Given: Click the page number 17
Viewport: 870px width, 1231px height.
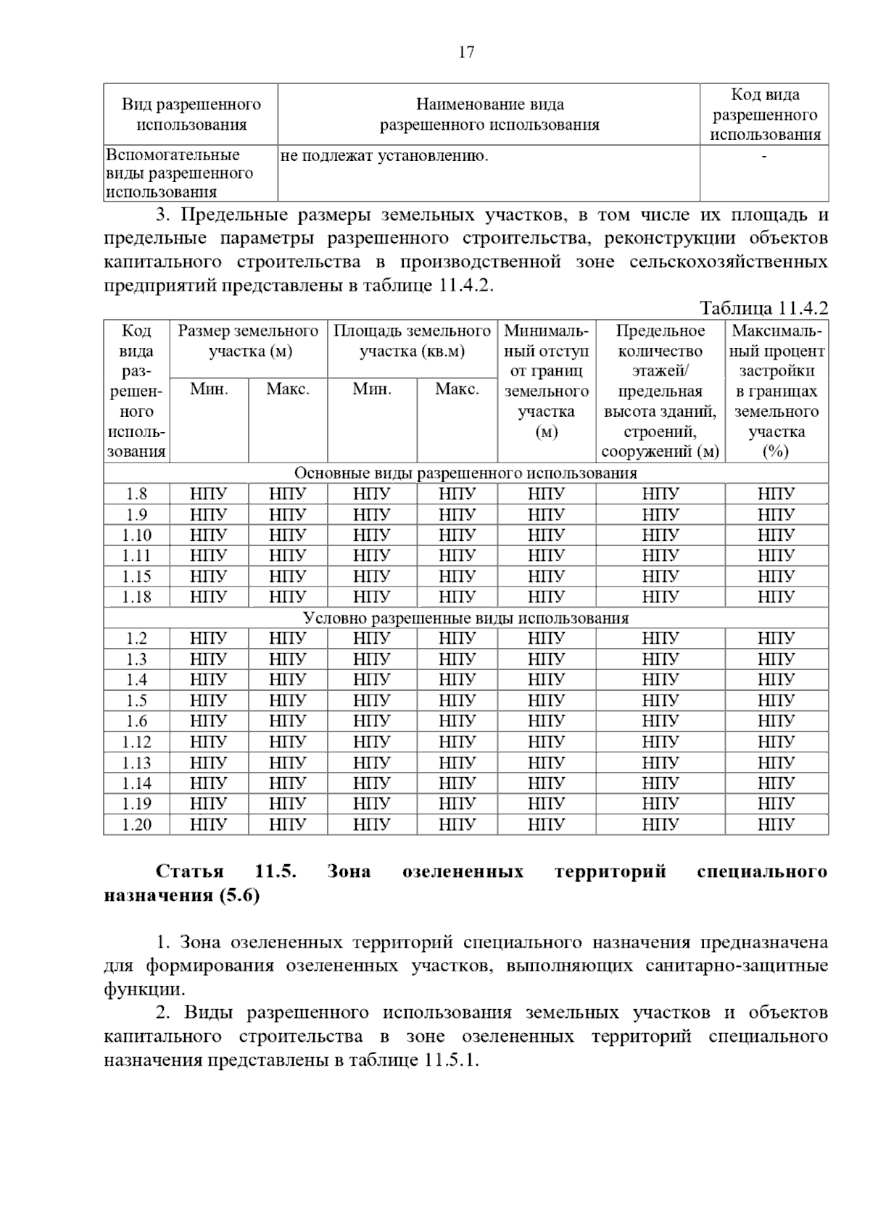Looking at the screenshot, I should pyautogui.click(x=466, y=52).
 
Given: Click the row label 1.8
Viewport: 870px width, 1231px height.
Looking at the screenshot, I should pyautogui.click(x=136, y=494).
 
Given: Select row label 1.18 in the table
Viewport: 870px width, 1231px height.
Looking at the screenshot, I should pyautogui.click(x=136, y=597).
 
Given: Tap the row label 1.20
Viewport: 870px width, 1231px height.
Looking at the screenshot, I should pyautogui.click(x=136, y=824).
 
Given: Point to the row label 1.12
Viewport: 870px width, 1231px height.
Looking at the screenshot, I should pyautogui.click(x=136, y=742).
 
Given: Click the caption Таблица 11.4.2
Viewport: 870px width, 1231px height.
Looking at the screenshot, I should pyautogui.click(x=763, y=308).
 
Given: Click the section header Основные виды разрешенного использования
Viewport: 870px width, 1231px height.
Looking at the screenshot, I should pyautogui.click(x=465, y=473).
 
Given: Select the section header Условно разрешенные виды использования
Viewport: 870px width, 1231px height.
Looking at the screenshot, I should pyautogui.click(x=465, y=618).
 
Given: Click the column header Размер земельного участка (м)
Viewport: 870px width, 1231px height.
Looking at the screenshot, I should pyautogui.click(x=248, y=341).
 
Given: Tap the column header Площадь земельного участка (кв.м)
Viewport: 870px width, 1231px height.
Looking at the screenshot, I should pyautogui.click(x=412, y=341).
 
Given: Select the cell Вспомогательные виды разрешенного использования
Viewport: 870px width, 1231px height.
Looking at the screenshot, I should pyautogui.click(x=179, y=173).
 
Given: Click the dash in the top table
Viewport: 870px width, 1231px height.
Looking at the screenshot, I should pyautogui.click(x=764, y=156).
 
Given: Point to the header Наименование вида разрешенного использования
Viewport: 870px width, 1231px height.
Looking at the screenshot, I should pyautogui.click(x=489, y=115).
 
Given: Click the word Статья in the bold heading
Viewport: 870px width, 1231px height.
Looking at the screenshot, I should pyautogui.click(x=189, y=871).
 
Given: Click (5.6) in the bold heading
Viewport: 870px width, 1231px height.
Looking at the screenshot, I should pyautogui.click(x=239, y=895).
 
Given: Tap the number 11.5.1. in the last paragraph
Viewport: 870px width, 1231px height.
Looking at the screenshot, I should pyautogui.click(x=452, y=1060).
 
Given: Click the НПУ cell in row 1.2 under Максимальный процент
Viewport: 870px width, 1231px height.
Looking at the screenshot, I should pyautogui.click(x=776, y=639).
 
